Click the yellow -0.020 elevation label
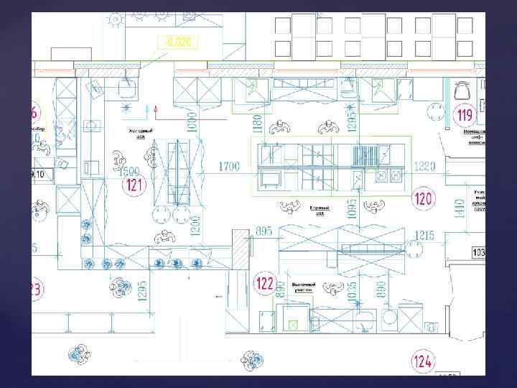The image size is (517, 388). (x=178, y=42)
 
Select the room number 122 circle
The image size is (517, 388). (x=265, y=284)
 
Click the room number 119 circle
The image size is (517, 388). (x=465, y=114)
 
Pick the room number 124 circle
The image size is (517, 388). (x=422, y=359)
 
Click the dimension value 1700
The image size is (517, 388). (x=229, y=166)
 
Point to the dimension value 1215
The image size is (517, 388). (x=444, y=235)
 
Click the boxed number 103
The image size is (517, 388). (x=478, y=252)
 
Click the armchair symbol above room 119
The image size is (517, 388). (x=462, y=91)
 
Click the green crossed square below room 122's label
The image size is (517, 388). (x=293, y=323)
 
